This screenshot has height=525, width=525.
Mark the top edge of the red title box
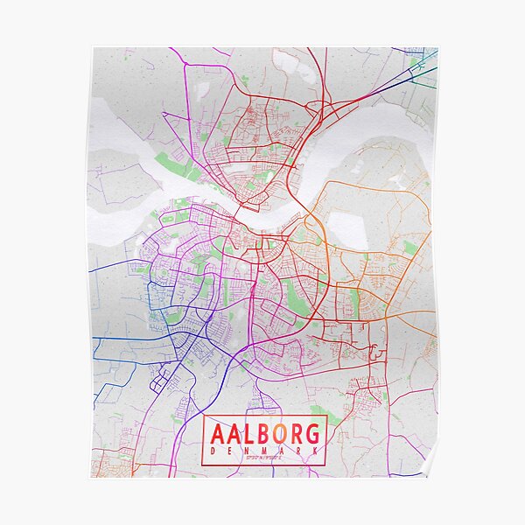[264, 416]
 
